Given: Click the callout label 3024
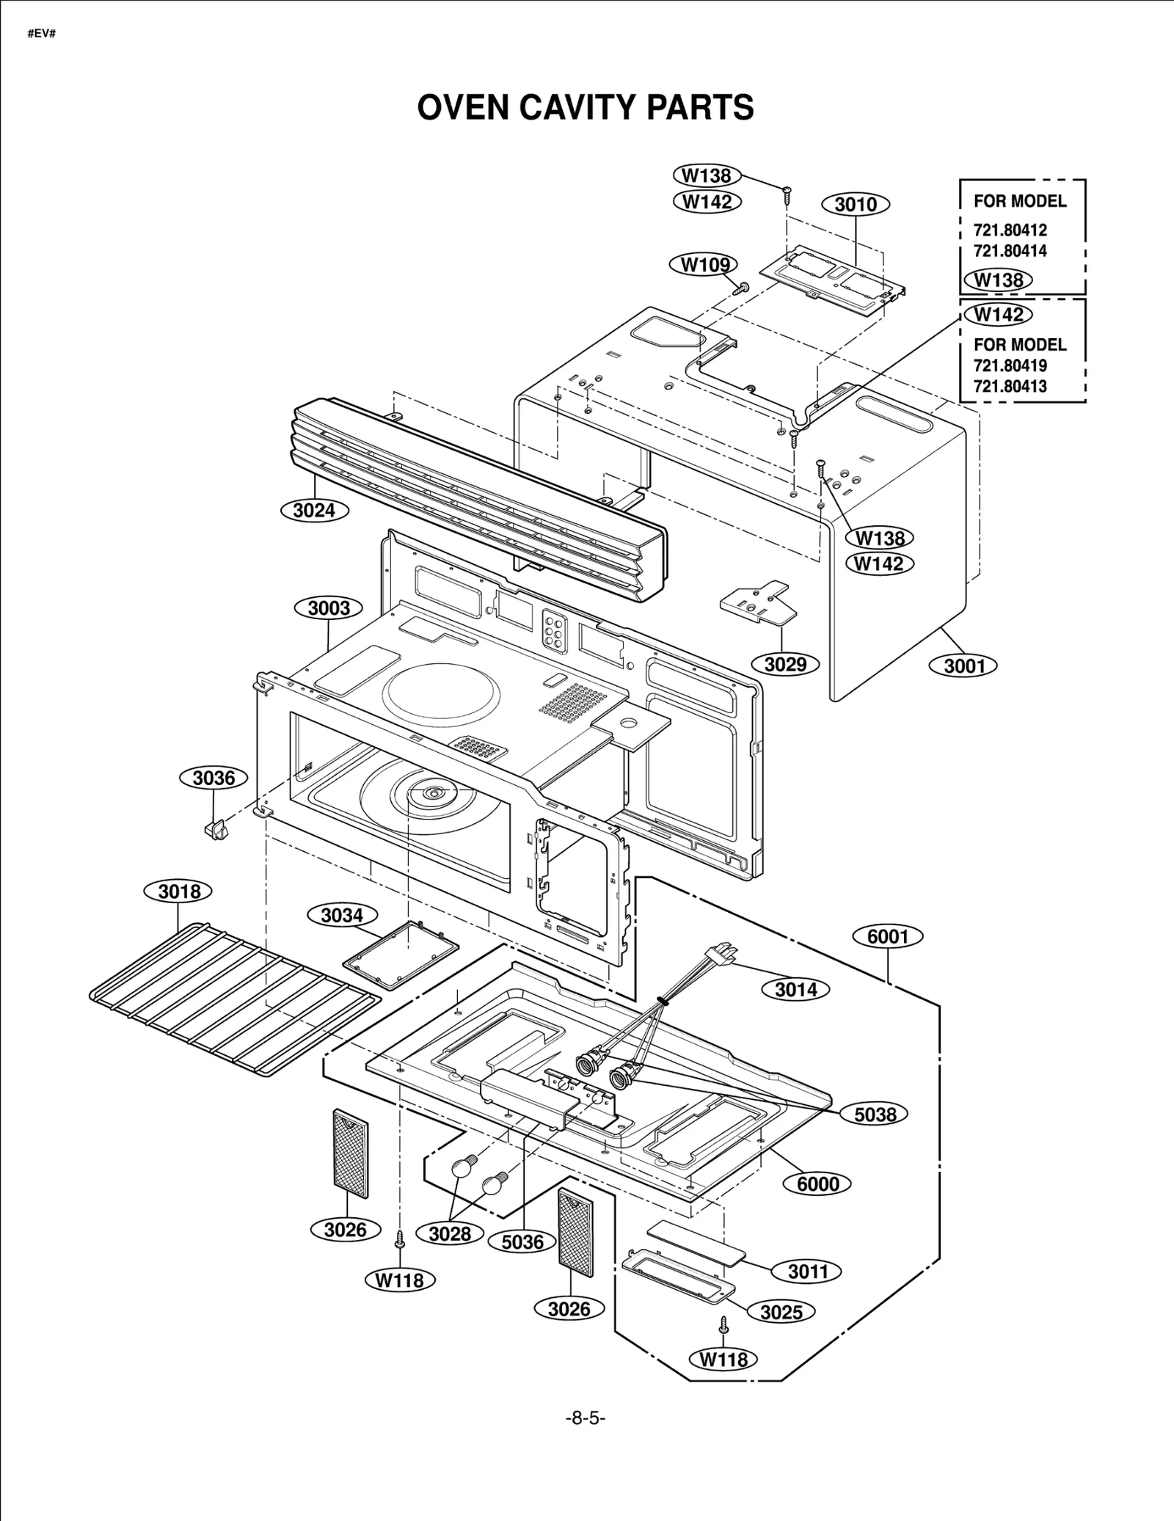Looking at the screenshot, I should coord(314,510).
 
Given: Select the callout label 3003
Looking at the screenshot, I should coord(329,608).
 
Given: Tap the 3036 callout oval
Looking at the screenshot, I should coord(214,778).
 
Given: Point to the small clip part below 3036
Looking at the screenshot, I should coord(215,830).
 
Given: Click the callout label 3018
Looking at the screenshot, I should coord(180,891).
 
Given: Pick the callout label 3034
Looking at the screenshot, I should coord(342,915).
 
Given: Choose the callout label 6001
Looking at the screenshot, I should coord(888,936).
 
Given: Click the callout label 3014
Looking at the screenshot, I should coord(796,990).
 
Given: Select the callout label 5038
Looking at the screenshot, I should coord(875,1115).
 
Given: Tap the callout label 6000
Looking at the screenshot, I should coord(818,1184).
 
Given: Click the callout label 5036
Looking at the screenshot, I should coord(522,1242).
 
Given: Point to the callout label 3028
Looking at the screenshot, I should coord(450,1234).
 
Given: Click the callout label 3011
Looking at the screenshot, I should coord(808,1272).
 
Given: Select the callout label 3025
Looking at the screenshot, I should coord(781,1312).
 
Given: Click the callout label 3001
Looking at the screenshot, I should coord(964,665).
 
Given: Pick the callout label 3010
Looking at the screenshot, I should coord(856,204).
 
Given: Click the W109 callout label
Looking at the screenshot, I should coord(704,265).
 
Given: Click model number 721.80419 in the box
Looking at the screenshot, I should coord(1010,365).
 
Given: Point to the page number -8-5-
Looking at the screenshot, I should coord(586,1418).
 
